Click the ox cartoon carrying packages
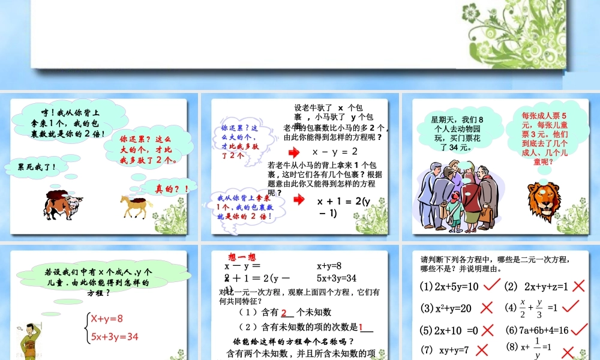(63, 206)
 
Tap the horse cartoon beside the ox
(137, 205)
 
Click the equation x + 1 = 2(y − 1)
(344, 207)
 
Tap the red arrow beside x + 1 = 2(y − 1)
(299, 200)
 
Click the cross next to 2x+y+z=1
(578, 286)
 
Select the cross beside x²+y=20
(487, 308)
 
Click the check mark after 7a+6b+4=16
(579, 329)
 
